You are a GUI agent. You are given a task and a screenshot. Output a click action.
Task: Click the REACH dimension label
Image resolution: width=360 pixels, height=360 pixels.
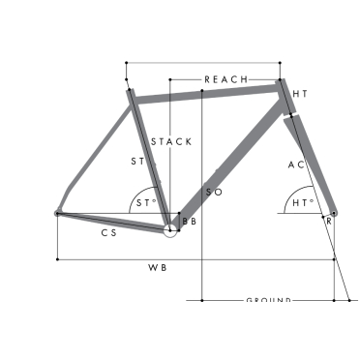[x=226, y=78]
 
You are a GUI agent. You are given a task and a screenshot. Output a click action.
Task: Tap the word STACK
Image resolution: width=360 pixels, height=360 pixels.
[x=171, y=141]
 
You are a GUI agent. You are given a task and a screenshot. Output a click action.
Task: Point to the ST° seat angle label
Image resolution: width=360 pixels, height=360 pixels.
[x=145, y=202]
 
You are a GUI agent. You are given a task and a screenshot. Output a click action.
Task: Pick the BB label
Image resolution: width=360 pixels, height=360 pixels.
[x=189, y=223]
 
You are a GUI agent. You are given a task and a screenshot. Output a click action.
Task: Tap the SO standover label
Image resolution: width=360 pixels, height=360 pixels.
[x=215, y=194]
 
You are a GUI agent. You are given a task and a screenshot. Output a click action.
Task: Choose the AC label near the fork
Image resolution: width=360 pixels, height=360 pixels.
[x=296, y=165]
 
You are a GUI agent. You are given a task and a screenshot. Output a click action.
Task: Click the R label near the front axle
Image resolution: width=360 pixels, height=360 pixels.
[x=329, y=223]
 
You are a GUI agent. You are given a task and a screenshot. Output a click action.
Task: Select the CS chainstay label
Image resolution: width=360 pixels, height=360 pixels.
[x=109, y=233]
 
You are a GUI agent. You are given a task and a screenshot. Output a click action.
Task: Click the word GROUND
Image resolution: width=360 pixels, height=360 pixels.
[x=268, y=301]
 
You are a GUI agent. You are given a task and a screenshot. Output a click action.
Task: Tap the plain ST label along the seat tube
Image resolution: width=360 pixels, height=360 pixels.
[x=136, y=162]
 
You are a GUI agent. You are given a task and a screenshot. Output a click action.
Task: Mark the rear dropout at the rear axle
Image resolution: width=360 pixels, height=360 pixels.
[x=57, y=212]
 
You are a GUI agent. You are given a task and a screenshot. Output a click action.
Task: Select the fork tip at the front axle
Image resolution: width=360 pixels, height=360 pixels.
[x=334, y=213]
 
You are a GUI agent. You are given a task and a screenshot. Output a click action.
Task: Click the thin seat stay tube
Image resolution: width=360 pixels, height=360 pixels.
[x=97, y=150]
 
